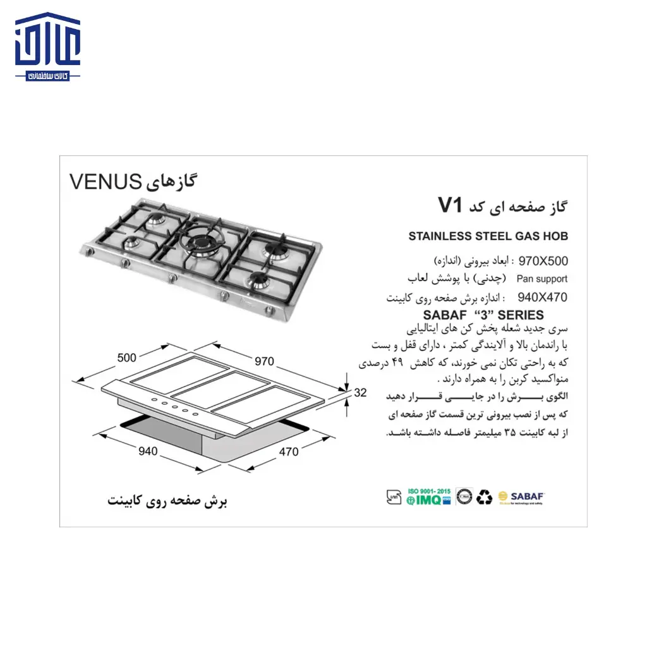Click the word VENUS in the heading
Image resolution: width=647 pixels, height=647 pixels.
(104, 181)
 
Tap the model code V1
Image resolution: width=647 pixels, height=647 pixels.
(451, 205)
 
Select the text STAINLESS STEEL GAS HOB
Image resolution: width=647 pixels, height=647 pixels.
(488, 236)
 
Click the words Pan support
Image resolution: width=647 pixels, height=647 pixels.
(541, 279)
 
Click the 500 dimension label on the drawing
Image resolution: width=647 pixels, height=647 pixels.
(126, 358)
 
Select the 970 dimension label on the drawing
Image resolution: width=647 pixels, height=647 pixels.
(263, 361)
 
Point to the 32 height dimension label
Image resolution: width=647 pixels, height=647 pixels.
(360, 392)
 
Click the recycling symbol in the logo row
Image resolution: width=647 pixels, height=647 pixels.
(485, 497)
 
